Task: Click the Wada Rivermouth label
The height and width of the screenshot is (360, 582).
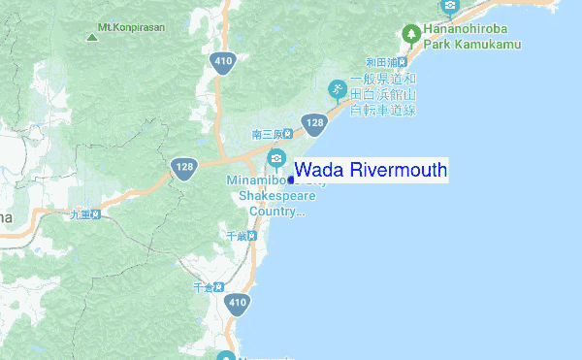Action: (x=371, y=171)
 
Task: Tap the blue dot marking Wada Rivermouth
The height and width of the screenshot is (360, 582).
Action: (x=291, y=179)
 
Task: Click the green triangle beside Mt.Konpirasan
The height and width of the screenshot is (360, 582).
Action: (x=91, y=37)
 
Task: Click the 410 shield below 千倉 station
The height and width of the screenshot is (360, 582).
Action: (x=236, y=304)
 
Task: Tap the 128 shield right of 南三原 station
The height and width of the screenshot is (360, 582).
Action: (x=313, y=123)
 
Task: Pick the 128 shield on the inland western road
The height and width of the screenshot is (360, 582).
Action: (x=185, y=167)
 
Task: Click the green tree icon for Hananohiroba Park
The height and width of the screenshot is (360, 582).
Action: (x=411, y=33)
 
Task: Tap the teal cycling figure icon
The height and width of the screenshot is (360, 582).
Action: (x=338, y=89)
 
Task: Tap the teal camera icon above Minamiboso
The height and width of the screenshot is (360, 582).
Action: (x=276, y=159)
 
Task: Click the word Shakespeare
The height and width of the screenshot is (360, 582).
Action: (x=277, y=195)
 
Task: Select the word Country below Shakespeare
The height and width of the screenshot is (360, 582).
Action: (x=276, y=211)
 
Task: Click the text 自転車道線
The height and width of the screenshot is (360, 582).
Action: (x=382, y=110)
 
